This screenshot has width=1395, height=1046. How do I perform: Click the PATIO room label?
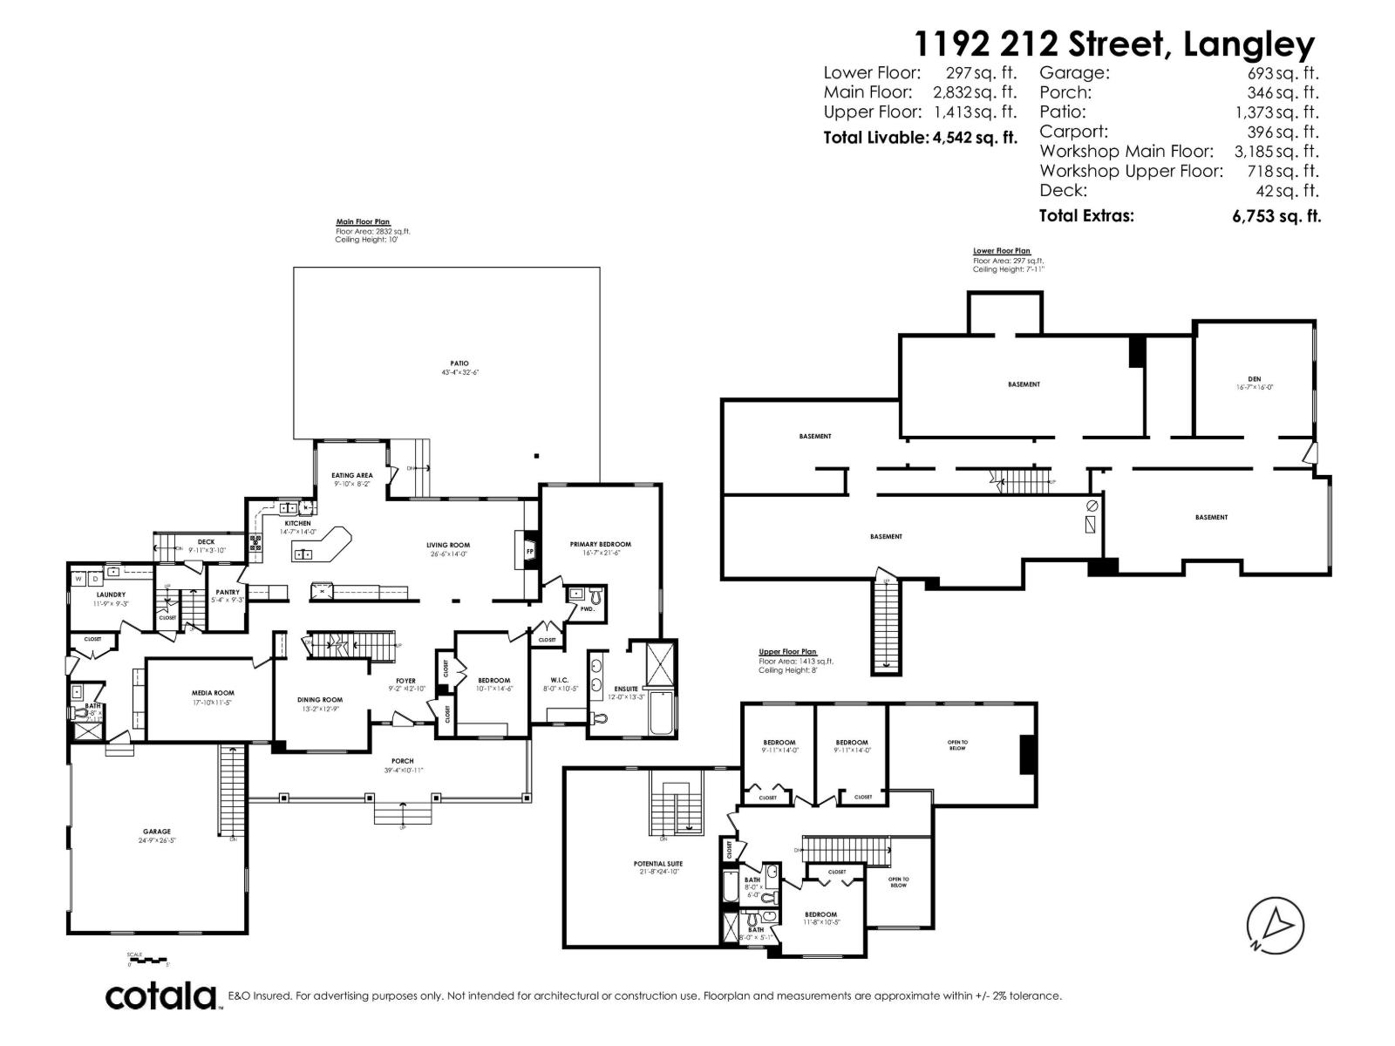coord(459,363)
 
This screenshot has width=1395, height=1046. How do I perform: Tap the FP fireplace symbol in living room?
coord(530,551)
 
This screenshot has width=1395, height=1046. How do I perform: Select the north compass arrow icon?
coord(1276,924)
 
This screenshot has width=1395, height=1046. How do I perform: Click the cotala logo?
coord(162,995)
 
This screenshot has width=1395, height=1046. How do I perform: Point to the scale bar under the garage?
coord(147,959)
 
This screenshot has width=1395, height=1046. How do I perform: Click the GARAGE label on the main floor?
coord(157,832)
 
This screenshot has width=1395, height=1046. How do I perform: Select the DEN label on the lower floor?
coord(1254,379)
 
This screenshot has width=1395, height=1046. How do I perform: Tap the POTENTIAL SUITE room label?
coord(657,864)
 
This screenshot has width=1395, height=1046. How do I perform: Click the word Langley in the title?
coord(1249,44)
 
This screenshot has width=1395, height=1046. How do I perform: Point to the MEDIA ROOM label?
coord(213,693)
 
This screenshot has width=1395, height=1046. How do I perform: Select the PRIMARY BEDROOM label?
coord(600,544)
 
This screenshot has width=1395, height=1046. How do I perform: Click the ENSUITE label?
coord(625,689)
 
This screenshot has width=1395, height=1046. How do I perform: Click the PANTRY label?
coord(228,592)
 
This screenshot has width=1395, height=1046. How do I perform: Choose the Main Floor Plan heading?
coord(363,222)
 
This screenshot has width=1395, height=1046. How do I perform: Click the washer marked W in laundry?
coord(78,578)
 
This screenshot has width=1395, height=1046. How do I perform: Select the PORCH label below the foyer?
coord(402,761)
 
